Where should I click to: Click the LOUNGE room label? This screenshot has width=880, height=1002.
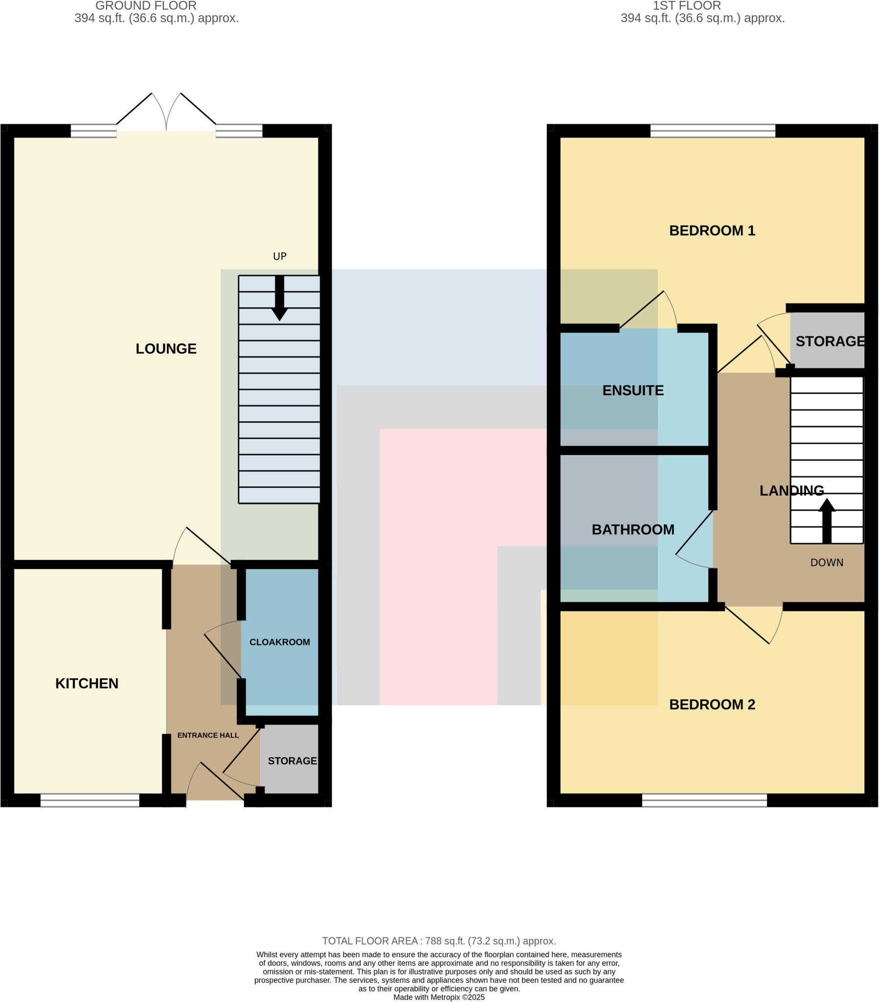166,348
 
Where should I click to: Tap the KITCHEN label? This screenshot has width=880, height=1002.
87,683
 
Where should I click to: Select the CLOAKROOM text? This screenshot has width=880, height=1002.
279,642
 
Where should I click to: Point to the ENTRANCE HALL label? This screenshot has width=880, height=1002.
208,735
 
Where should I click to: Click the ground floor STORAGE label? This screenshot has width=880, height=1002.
292,761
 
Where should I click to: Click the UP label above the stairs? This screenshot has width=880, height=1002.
279,256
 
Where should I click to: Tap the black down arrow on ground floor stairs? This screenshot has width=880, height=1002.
279,299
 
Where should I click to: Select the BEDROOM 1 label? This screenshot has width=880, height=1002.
712,230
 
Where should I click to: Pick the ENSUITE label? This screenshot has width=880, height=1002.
633,390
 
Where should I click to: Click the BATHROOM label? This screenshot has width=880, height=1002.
633,529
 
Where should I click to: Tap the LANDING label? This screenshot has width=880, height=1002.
791,491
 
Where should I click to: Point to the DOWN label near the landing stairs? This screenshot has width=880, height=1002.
827,563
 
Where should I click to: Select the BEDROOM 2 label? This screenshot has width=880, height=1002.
712,705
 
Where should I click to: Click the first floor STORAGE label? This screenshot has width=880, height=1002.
830,341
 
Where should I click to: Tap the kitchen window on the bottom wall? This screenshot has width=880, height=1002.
90,800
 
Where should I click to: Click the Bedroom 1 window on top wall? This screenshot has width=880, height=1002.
712,131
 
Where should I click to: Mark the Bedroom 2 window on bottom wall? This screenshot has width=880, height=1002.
704,800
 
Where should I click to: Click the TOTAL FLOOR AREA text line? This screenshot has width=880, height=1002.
439,941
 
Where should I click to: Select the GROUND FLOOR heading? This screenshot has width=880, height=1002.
146,6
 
